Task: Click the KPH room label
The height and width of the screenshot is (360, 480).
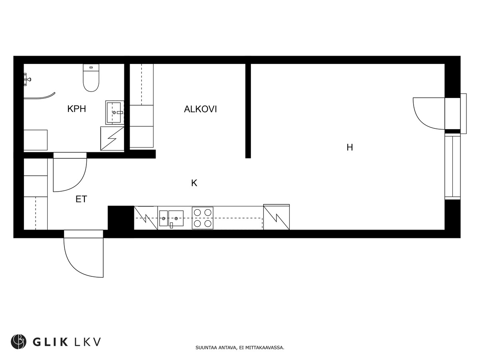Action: [x=76, y=109]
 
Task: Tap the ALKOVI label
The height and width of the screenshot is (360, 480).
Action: [x=200, y=109]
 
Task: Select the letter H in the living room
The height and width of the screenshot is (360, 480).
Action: [x=350, y=148]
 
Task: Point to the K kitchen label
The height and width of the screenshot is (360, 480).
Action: [x=194, y=183]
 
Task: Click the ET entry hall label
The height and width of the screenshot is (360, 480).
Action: [x=81, y=199]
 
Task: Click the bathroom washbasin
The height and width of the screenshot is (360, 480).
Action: [x=115, y=112]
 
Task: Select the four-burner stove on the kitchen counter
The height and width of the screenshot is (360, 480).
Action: [x=202, y=218]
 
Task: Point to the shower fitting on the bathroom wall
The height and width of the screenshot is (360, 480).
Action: [x=27, y=79]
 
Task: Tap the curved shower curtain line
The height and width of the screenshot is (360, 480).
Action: [x=40, y=96]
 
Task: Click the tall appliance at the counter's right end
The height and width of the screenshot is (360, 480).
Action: [x=276, y=217]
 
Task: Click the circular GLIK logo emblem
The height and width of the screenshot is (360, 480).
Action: [x=18, y=342]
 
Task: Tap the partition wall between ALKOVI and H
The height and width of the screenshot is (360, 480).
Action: [x=248, y=110]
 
